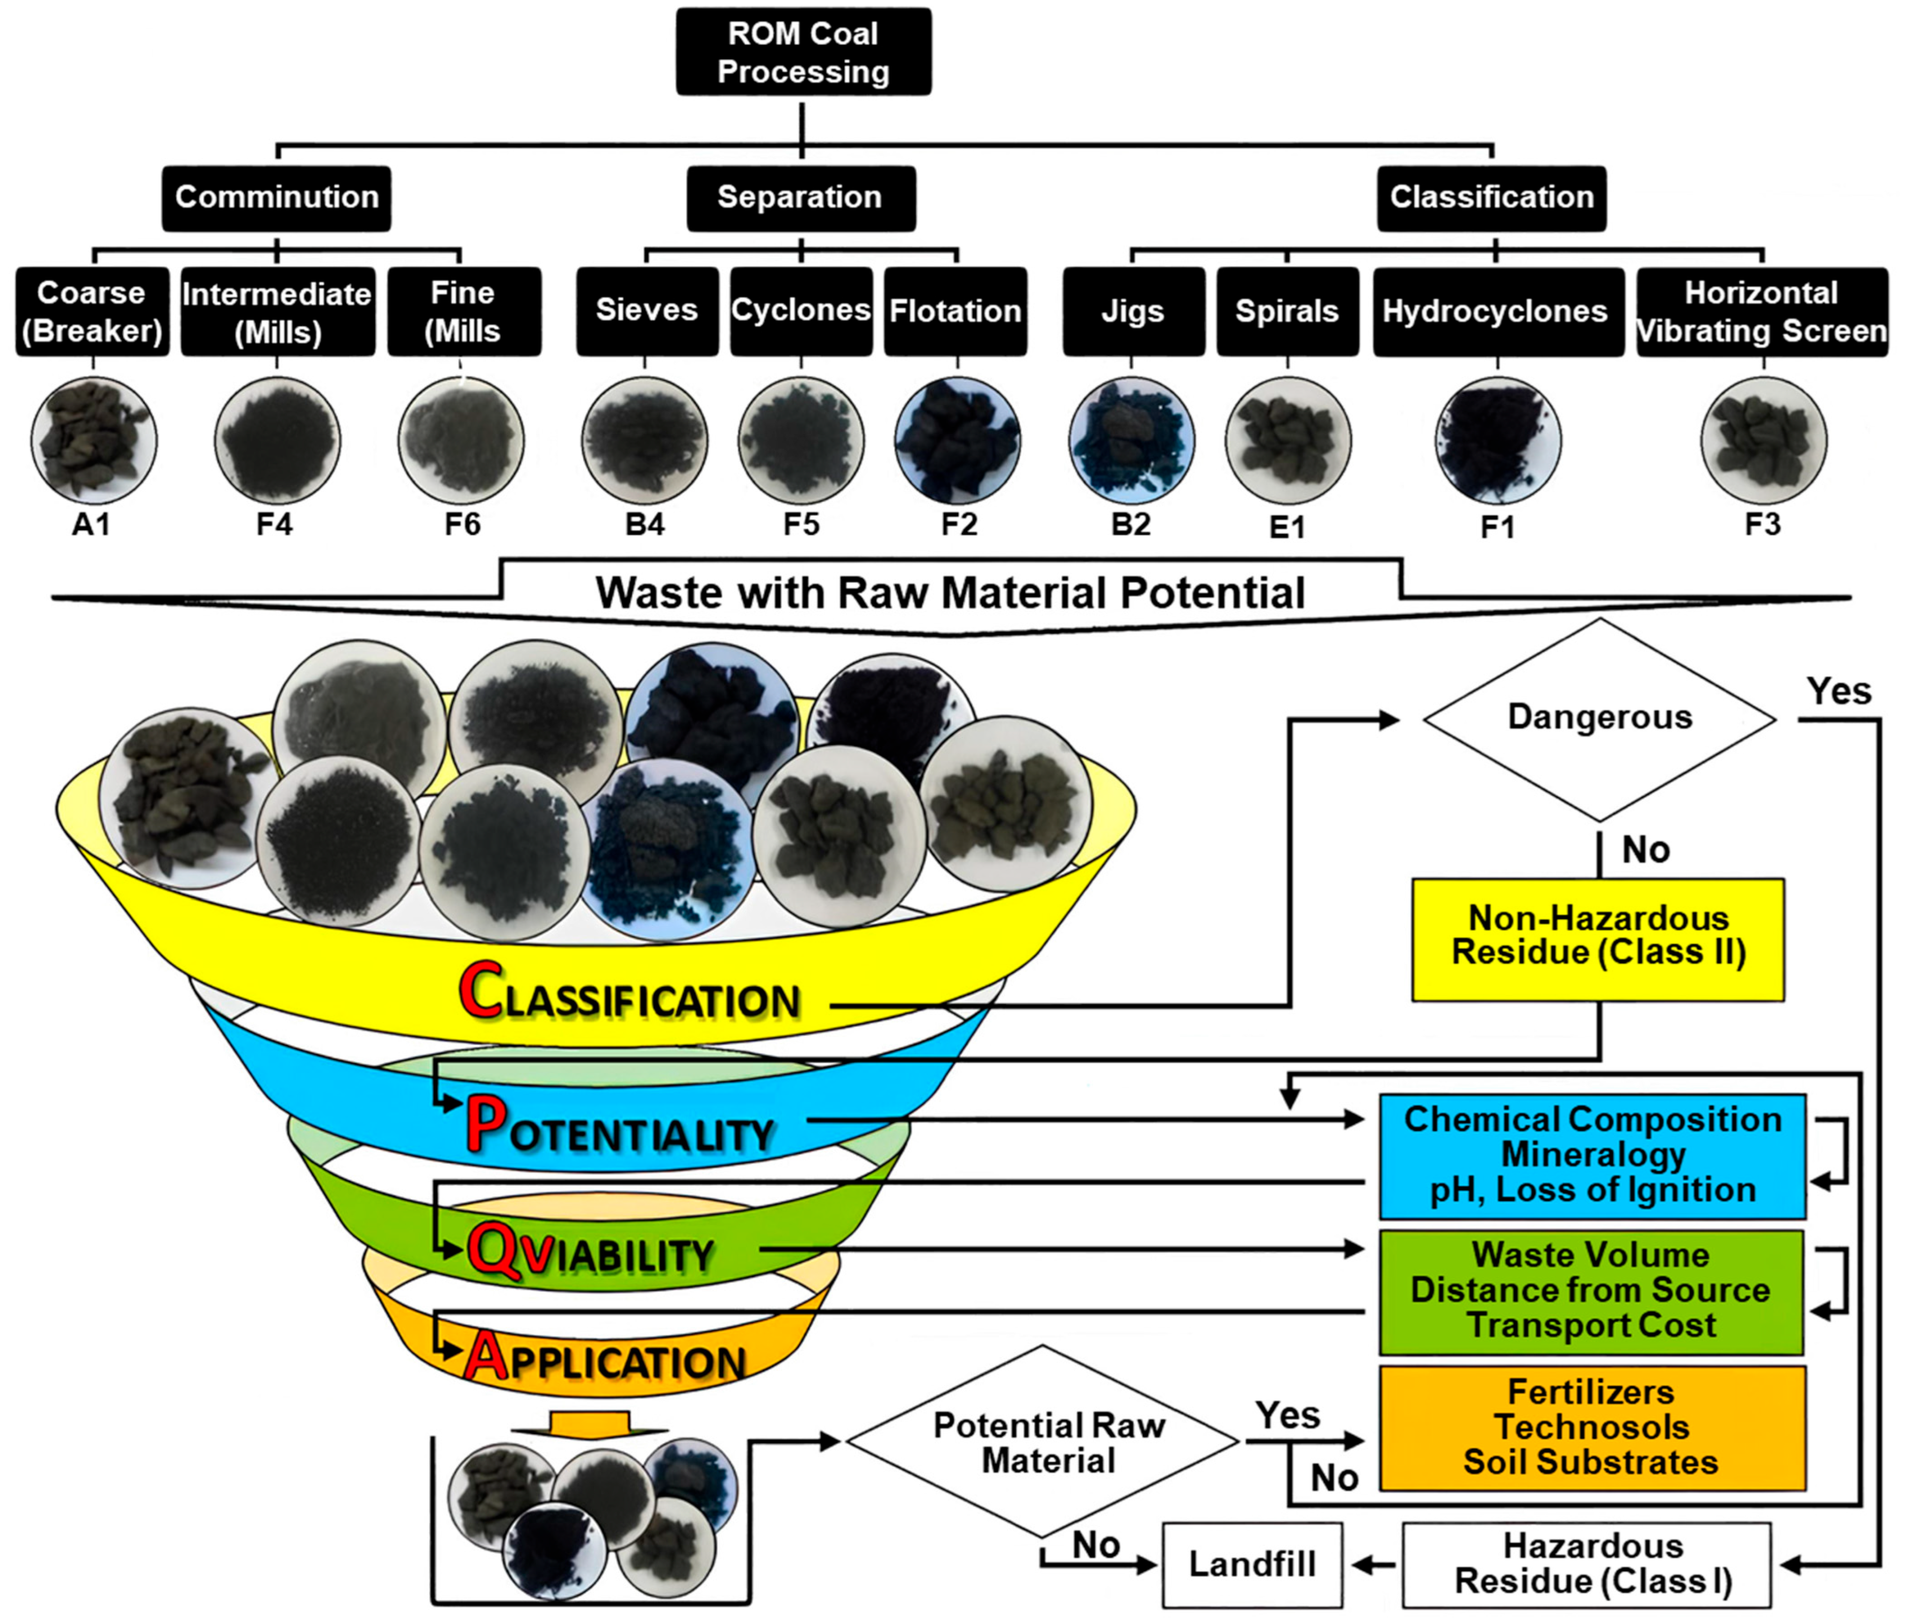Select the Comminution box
277,197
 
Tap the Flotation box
955,311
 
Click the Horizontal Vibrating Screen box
1762,311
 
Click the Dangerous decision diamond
1599,718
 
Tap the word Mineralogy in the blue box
1593,1154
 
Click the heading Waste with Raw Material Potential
950,593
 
